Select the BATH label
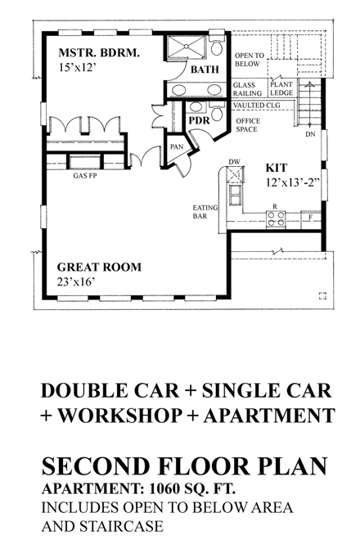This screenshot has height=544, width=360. point(204,70)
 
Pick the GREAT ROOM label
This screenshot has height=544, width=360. point(99,267)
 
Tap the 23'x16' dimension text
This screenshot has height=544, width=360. point(78,282)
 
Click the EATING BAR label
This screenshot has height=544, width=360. point(205,213)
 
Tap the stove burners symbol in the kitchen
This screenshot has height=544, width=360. point(276,218)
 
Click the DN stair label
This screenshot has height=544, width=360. point(309,133)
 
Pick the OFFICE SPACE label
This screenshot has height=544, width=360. point(248,124)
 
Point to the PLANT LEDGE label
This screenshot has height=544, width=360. point(281,88)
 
